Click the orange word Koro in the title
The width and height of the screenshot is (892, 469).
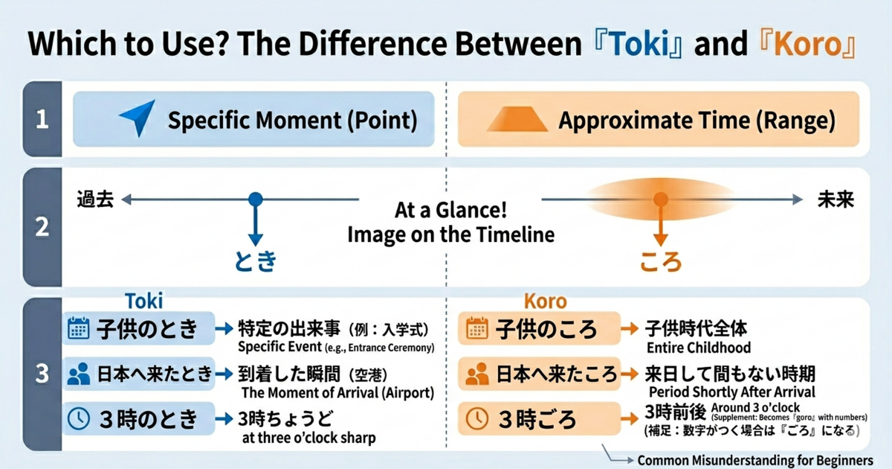coord(807,45)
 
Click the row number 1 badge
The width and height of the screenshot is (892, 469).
coord(42,119)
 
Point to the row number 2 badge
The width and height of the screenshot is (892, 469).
coord(42,227)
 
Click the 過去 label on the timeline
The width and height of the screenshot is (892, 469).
coord(95,200)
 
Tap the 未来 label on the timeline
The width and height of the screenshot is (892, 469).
coord(836,200)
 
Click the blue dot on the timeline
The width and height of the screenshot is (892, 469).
coord(255,200)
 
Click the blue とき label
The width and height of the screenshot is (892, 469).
coord(255,261)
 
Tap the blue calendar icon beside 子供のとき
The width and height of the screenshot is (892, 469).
coord(78,328)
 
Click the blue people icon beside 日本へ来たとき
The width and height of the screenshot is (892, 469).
coord(78,374)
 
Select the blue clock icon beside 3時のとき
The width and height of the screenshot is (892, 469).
coord(78,418)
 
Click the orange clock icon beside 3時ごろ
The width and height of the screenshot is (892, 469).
coord(476,418)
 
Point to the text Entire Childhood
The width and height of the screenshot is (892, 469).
coord(697,347)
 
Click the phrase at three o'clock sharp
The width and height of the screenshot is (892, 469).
coord(308,437)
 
